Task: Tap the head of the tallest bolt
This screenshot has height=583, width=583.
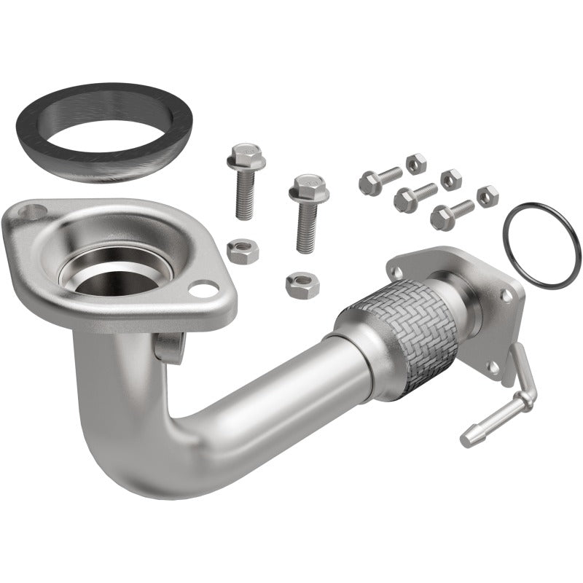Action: [245, 155]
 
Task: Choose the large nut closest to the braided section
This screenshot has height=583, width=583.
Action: [302, 283]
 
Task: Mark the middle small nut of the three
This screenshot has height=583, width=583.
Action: [451, 178]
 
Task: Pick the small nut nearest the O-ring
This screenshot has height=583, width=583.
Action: [487, 196]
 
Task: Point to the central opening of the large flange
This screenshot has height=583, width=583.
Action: [117, 270]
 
